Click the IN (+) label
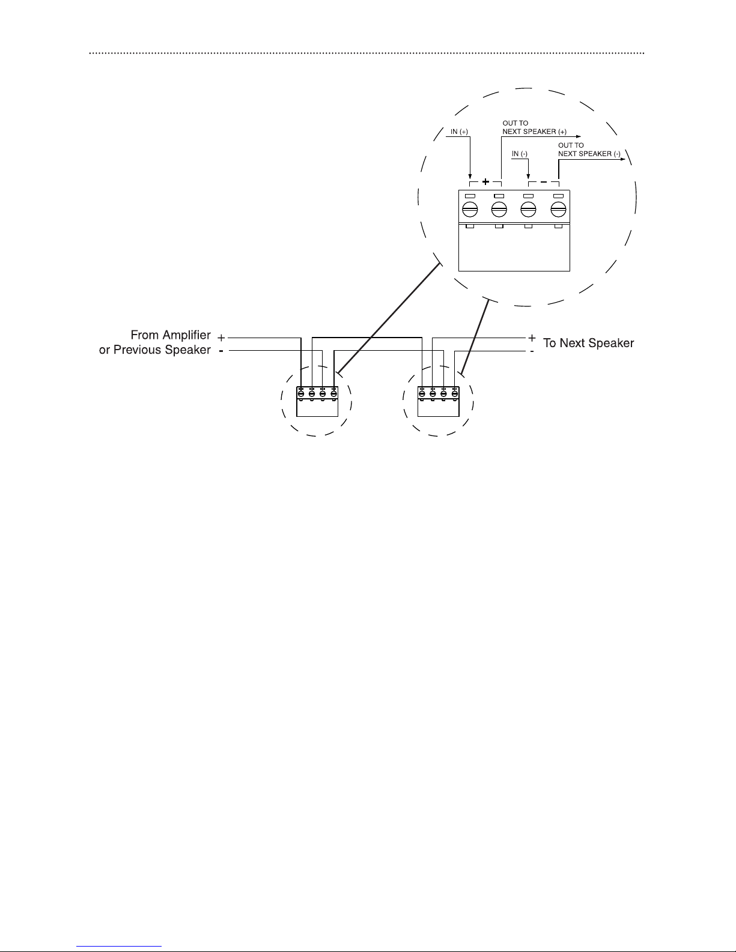pyautogui.click(x=459, y=132)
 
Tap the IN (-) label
pyautogui.click(x=520, y=154)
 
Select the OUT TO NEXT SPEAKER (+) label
pyautogui.click(x=534, y=127)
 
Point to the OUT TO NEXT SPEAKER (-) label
pyautogui.click(x=589, y=150)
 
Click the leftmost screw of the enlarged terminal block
pyautogui.click(x=470, y=210)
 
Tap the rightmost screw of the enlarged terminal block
pyautogui.click(x=558, y=210)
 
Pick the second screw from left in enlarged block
pyautogui.click(x=499, y=210)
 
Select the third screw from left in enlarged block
pyautogui.click(x=528, y=210)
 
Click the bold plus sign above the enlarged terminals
pyautogui.click(x=485, y=181)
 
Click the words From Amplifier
pyautogui.click(x=171, y=335)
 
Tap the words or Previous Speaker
pyautogui.click(x=154, y=350)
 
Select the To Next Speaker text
pyautogui.click(x=588, y=343)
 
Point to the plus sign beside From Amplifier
pyautogui.click(x=221, y=338)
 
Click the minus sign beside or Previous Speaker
pyautogui.click(x=221, y=351)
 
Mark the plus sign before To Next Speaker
pyautogui.click(x=532, y=338)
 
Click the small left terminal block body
pyautogui.click(x=317, y=402)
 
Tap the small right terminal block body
pyautogui.click(x=439, y=402)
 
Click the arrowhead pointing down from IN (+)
pyautogui.click(x=470, y=176)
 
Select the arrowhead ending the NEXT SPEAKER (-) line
pyautogui.click(x=622, y=159)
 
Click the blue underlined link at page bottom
pyautogui.click(x=119, y=947)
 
